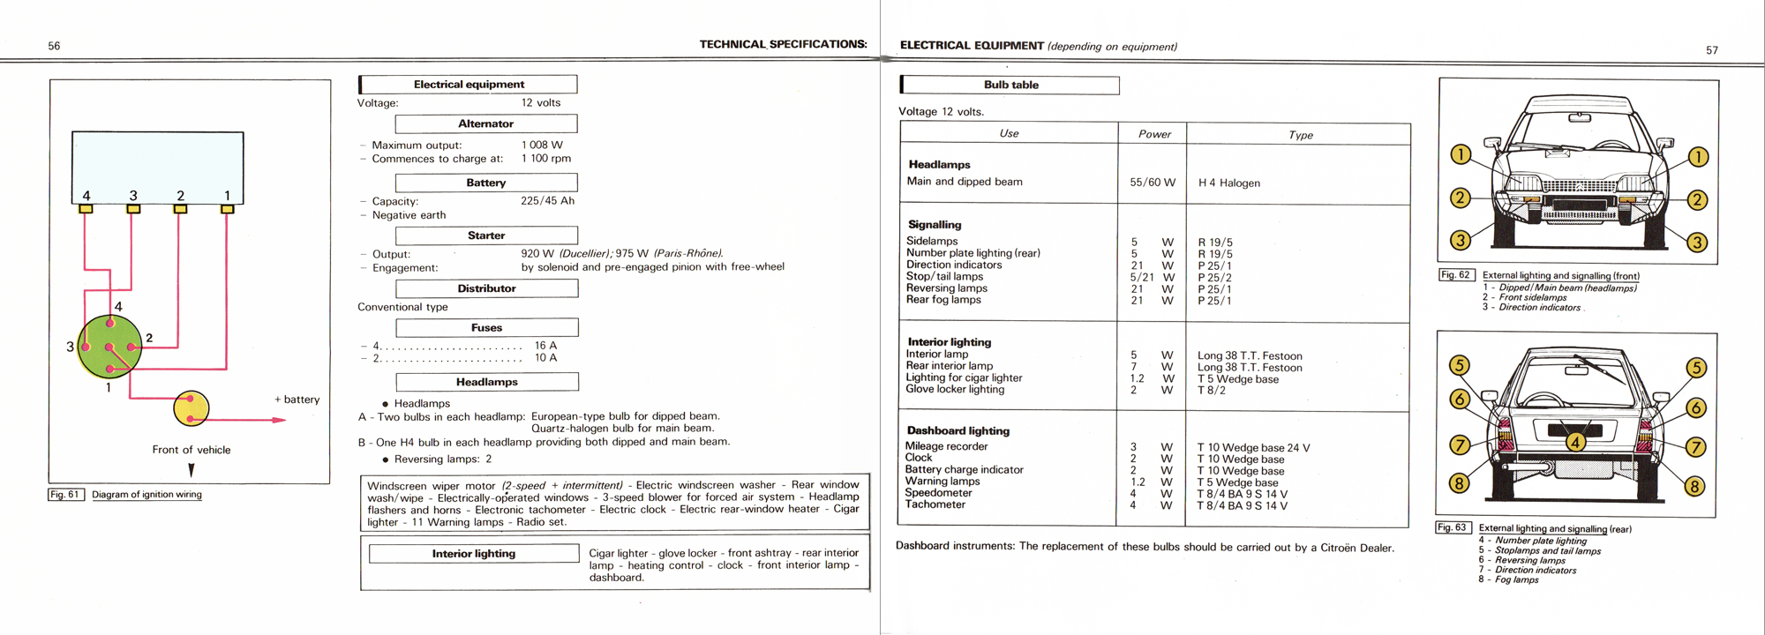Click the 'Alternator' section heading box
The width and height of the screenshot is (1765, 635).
tap(486, 124)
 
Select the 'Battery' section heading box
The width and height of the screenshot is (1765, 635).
tap(486, 183)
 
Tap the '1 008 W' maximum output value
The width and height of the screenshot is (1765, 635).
tap(542, 145)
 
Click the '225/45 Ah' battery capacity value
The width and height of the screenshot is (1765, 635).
tap(547, 201)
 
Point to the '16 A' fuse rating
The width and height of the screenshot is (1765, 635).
tap(545, 346)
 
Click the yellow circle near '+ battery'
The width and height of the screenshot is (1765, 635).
tap(192, 408)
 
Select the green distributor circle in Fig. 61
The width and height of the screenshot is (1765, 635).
tap(109, 347)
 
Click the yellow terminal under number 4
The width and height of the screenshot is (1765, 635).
tap(86, 209)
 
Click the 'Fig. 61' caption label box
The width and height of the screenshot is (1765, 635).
tap(65, 495)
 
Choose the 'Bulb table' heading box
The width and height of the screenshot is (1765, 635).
tap(1011, 86)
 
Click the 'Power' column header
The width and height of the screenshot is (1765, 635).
tap(1154, 134)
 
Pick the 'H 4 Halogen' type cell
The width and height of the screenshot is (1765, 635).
tap(1228, 183)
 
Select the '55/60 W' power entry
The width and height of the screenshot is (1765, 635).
tap(1153, 183)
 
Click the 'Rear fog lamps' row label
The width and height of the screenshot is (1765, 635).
tap(943, 300)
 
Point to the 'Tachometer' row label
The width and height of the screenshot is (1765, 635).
tap(935, 504)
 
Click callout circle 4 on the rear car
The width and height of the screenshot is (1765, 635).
tap(1575, 442)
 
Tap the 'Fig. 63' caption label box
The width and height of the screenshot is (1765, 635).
tap(1453, 527)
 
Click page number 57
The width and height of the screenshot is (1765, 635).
tap(1712, 50)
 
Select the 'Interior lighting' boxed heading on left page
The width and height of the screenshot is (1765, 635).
tap(474, 554)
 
